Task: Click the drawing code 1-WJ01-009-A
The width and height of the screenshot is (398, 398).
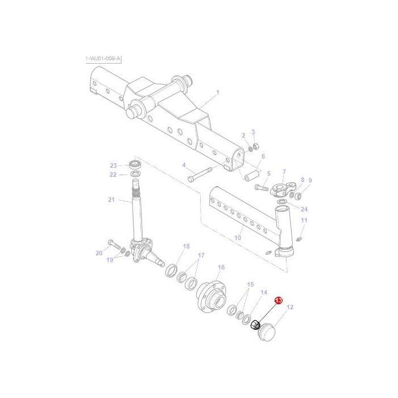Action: [x=103, y=59]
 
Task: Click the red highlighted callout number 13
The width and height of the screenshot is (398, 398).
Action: [x=279, y=300]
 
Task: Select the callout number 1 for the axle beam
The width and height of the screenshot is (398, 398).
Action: [x=217, y=92]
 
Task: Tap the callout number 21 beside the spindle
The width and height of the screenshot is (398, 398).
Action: [x=111, y=200]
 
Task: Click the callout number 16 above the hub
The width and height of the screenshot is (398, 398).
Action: [x=221, y=267]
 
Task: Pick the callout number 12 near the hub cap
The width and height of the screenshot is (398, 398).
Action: [x=290, y=308]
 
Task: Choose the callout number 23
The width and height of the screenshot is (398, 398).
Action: [x=113, y=165]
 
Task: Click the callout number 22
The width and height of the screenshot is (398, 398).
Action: [x=113, y=175]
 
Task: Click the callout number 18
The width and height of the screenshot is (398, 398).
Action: [x=186, y=246]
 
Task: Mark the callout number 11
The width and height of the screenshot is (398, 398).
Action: [x=304, y=220]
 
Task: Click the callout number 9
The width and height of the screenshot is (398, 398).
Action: [x=310, y=180]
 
